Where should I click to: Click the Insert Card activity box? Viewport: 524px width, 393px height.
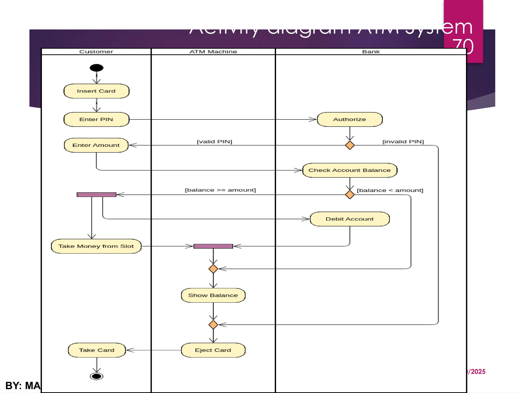(96, 91)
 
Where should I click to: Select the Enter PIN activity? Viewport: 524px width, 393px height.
(96, 119)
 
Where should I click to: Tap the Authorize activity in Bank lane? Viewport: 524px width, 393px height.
(350, 119)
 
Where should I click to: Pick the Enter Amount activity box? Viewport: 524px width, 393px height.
(96, 145)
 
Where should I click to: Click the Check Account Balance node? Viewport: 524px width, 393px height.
(350, 170)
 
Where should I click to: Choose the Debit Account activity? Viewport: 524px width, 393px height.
(350, 219)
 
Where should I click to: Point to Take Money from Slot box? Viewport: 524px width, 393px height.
(96, 246)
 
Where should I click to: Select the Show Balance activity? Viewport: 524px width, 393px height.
(213, 295)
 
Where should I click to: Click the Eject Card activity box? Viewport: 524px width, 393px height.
(213, 350)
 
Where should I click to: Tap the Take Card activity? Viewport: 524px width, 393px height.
(97, 350)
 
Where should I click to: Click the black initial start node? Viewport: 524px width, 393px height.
(96, 68)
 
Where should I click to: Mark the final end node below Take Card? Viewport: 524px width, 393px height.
(96, 376)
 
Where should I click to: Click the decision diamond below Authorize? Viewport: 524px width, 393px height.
(350, 145)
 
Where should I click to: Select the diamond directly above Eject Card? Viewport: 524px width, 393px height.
(213, 325)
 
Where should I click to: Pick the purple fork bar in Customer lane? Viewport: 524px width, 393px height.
(96, 195)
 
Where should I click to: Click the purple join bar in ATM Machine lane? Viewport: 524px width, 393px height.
(213, 246)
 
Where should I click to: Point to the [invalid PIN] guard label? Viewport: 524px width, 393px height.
(403, 141)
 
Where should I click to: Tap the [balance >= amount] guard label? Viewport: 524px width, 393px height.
(220, 190)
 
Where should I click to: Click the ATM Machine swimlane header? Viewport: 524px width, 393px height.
(213, 52)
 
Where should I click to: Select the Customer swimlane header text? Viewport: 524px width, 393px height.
(96, 52)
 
